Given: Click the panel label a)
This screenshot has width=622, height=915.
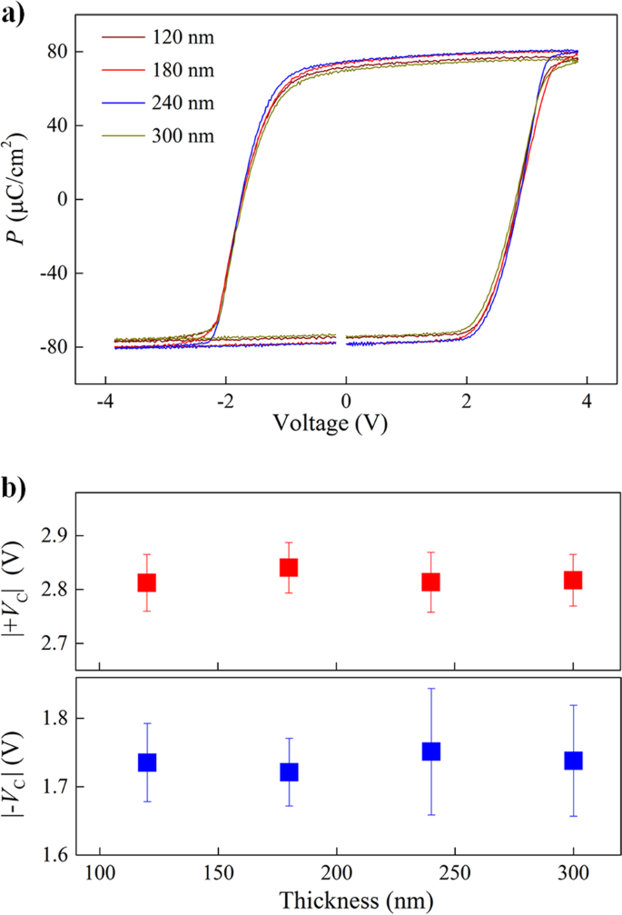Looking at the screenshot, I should [15, 15].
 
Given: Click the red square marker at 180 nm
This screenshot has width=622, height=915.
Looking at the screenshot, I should [289, 568].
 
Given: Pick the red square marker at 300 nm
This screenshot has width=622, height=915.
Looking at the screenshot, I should [572, 580].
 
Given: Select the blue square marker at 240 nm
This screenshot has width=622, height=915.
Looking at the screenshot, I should [431, 751].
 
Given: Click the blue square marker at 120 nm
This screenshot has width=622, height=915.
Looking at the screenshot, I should [147, 762].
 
